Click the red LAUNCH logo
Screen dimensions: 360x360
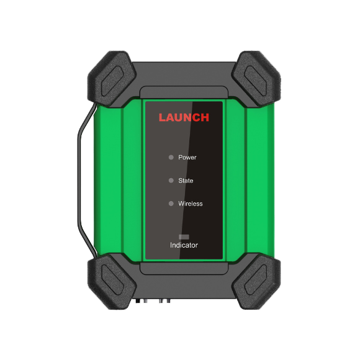click(184, 117)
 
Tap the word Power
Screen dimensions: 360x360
click(187, 158)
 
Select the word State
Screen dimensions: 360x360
click(186, 181)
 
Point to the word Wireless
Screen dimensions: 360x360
click(191, 204)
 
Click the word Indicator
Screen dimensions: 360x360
click(184, 245)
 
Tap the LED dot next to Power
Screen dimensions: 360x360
click(171, 157)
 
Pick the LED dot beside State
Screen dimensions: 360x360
click(171, 181)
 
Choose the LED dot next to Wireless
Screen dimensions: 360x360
click(171, 204)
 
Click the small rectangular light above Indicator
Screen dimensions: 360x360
click(184, 236)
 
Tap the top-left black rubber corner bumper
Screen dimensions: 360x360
click(112, 79)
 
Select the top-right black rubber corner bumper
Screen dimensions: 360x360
click(256, 79)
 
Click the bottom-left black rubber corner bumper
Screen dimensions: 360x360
click(112, 282)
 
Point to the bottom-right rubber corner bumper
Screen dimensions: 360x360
click(256, 282)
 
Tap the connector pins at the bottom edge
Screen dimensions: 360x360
click(153, 300)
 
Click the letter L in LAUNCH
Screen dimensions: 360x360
click(162, 117)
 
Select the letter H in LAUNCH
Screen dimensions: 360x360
click(205, 117)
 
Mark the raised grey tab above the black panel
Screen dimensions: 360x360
click(184, 92)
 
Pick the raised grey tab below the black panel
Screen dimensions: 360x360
click(184, 268)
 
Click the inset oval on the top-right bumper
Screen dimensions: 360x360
click(255, 81)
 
